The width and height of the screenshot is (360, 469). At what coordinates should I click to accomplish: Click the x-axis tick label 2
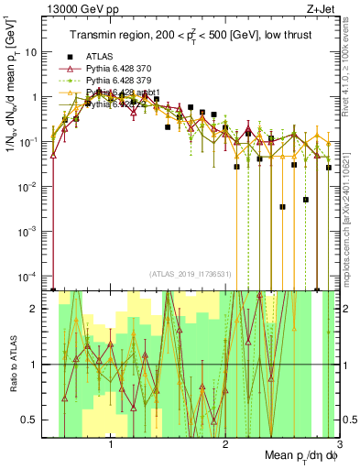point(225,446)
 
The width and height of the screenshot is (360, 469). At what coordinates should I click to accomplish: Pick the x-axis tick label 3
point(338,446)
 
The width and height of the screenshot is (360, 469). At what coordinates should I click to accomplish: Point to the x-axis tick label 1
point(111,446)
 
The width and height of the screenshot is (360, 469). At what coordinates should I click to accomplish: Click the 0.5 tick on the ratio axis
point(38,420)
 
